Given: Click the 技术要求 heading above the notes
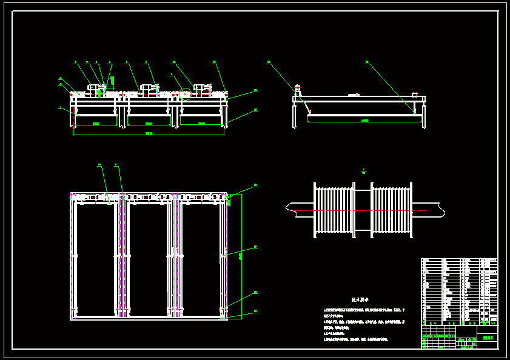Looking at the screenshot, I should click(x=361, y=299).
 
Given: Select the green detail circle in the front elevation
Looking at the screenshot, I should click(x=186, y=94).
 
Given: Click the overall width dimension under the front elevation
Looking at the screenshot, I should click(x=149, y=133).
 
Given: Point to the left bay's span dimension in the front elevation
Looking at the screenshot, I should click(x=96, y=124).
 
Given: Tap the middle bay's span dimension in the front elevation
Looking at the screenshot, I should click(x=149, y=124).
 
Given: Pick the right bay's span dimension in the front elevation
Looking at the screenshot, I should click(x=201, y=124).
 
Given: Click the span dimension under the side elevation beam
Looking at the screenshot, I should click(x=364, y=121).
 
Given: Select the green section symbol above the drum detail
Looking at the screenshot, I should click(x=363, y=172).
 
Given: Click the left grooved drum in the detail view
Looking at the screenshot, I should click(x=334, y=210).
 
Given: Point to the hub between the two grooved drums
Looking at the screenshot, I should click(x=363, y=210).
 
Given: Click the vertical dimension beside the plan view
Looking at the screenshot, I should click(x=240, y=255).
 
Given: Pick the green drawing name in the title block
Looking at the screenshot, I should click(x=488, y=338).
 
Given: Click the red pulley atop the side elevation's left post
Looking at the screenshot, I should click(x=298, y=88).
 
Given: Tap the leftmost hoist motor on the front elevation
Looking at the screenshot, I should click(x=96, y=88).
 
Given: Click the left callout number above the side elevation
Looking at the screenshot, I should click(x=268, y=61).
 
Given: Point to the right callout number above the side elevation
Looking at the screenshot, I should click(x=367, y=61).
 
